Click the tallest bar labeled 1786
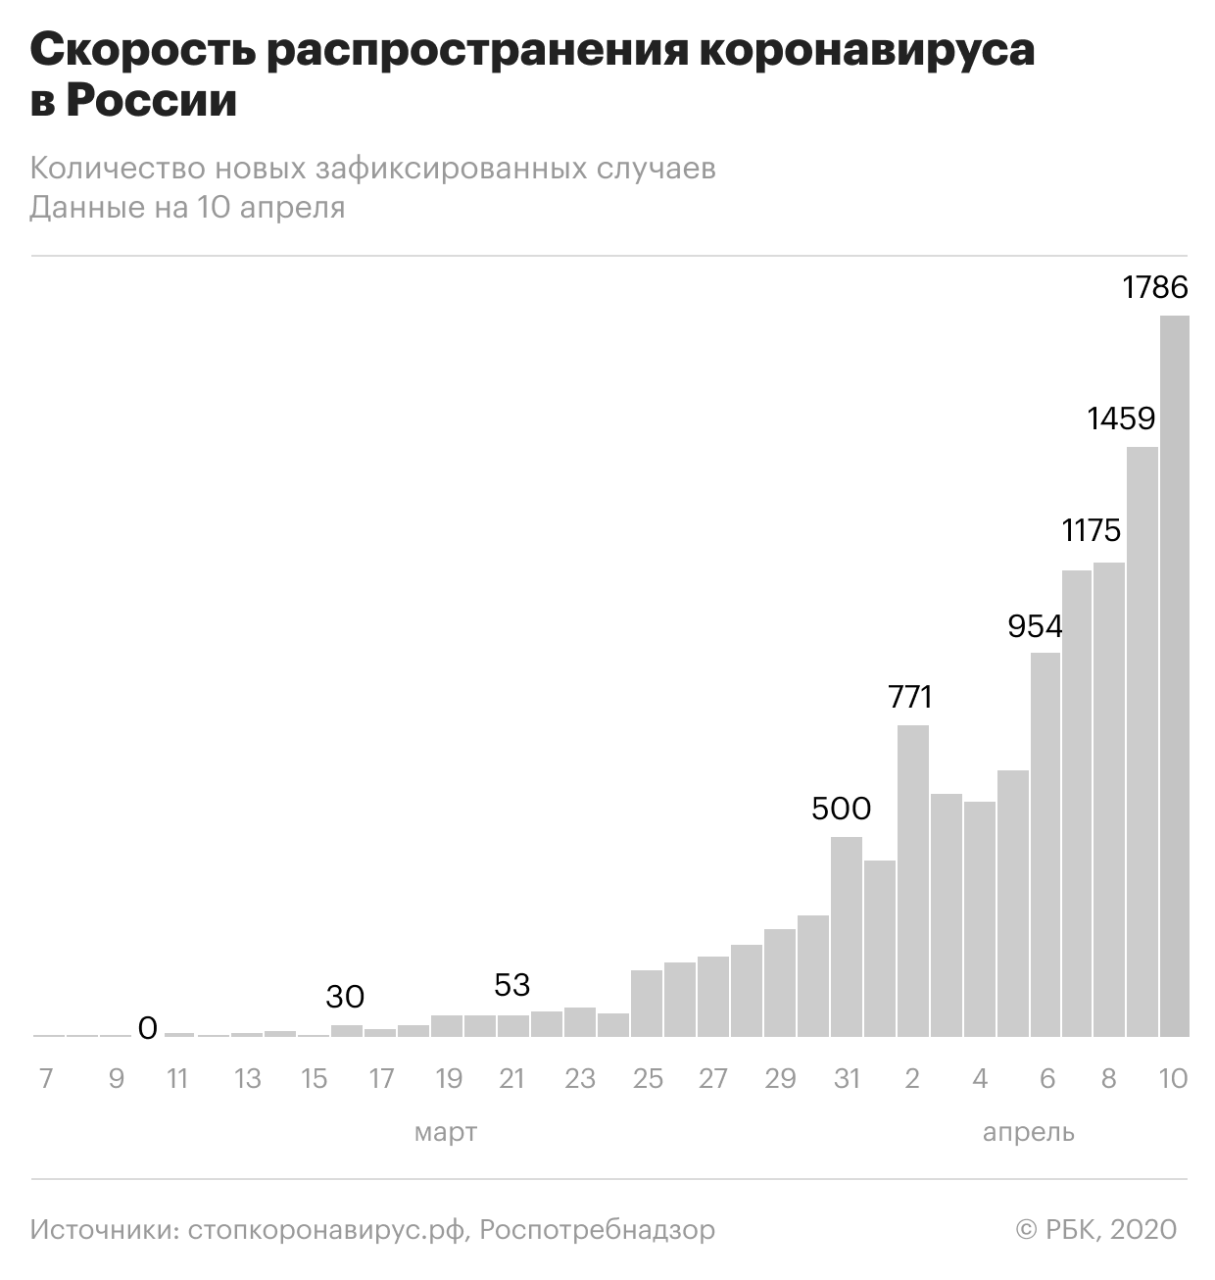click(1174, 676)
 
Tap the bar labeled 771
click(913, 881)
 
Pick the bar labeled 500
click(847, 937)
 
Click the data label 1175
click(1091, 530)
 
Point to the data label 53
click(511, 984)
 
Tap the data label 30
click(345, 997)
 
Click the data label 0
click(147, 1028)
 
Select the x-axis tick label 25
click(648, 1079)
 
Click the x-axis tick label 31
click(847, 1079)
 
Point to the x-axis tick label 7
click(45, 1079)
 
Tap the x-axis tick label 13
click(247, 1079)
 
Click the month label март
click(446, 1133)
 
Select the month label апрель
click(1028, 1133)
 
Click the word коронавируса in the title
click(867, 51)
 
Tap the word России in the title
click(152, 102)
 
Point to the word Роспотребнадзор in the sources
click(598, 1229)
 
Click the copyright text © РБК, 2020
click(1095, 1229)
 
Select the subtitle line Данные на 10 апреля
click(187, 208)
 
